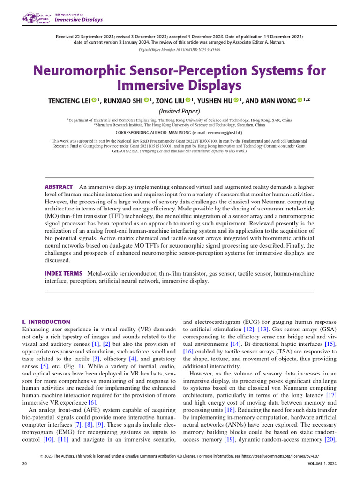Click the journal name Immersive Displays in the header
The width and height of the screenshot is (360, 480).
[78, 20]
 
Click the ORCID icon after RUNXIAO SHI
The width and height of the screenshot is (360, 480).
[146, 100]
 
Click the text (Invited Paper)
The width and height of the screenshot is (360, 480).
[180, 111]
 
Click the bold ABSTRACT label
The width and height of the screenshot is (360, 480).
[59, 187]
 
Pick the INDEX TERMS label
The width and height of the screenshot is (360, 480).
[63, 273]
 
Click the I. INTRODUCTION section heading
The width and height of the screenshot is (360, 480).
[46, 322]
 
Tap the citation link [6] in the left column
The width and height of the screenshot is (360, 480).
[93, 403]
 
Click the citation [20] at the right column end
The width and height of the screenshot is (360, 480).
[330, 439]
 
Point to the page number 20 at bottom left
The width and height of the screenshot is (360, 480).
[25, 463]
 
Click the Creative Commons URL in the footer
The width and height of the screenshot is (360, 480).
[281, 455]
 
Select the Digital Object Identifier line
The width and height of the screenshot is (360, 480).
[180, 50]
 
